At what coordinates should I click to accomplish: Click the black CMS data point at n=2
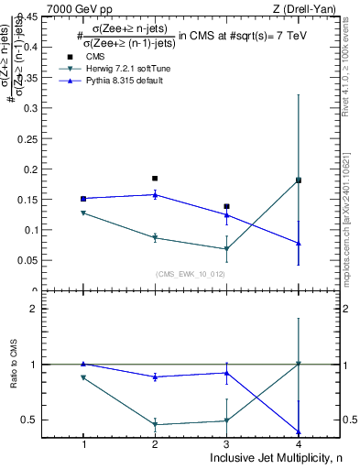pyautogui.click(x=155, y=178)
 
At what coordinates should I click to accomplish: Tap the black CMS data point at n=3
pyautogui.click(x=226, y=206)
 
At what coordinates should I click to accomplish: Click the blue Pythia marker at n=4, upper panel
pyautogui.click(x=299, y=243)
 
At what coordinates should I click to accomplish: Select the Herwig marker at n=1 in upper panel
pyautogui.click(x=83, y=213)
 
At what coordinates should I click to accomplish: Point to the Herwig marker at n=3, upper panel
pyautogui.click(x=226, y=249)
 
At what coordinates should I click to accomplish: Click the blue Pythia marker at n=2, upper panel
pyautogui.click(x=155, y=194)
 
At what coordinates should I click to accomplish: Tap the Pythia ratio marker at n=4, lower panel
pyautogui.click(x=299, y=431)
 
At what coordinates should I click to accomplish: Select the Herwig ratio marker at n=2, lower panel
pyautogui.click(x=155, y=425)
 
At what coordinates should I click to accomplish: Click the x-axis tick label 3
pyautogui.click(x=226, y=444)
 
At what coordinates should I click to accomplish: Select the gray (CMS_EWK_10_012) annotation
pyautogui.click(x=191, y=274)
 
